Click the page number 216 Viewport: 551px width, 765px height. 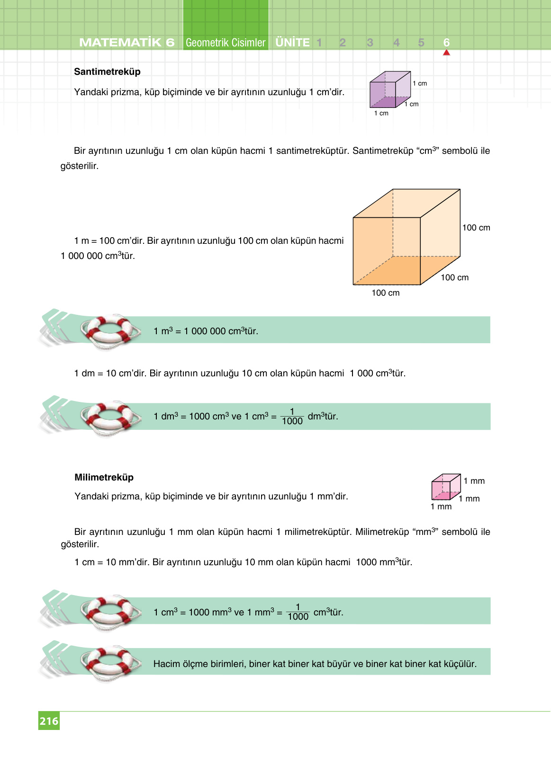49,721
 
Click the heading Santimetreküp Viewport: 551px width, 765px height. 107,71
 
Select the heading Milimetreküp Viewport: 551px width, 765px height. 104,477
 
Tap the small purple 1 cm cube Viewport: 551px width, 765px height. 389,90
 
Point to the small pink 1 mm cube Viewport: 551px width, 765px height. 445,487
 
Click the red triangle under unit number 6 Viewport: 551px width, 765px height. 446,53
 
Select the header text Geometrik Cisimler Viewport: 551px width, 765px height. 226,43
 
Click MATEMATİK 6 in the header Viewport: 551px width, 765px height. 126,43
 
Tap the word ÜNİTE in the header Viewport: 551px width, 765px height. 292,43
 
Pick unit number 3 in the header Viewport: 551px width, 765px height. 370,43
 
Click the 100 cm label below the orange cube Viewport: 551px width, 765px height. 385,293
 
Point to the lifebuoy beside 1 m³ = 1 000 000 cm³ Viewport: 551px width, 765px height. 110,331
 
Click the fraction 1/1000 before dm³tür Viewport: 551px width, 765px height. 292,417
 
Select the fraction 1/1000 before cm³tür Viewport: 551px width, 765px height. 298,612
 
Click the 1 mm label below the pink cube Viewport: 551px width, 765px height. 441,507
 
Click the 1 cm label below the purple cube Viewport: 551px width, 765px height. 381,114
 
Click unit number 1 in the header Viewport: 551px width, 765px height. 319,43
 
